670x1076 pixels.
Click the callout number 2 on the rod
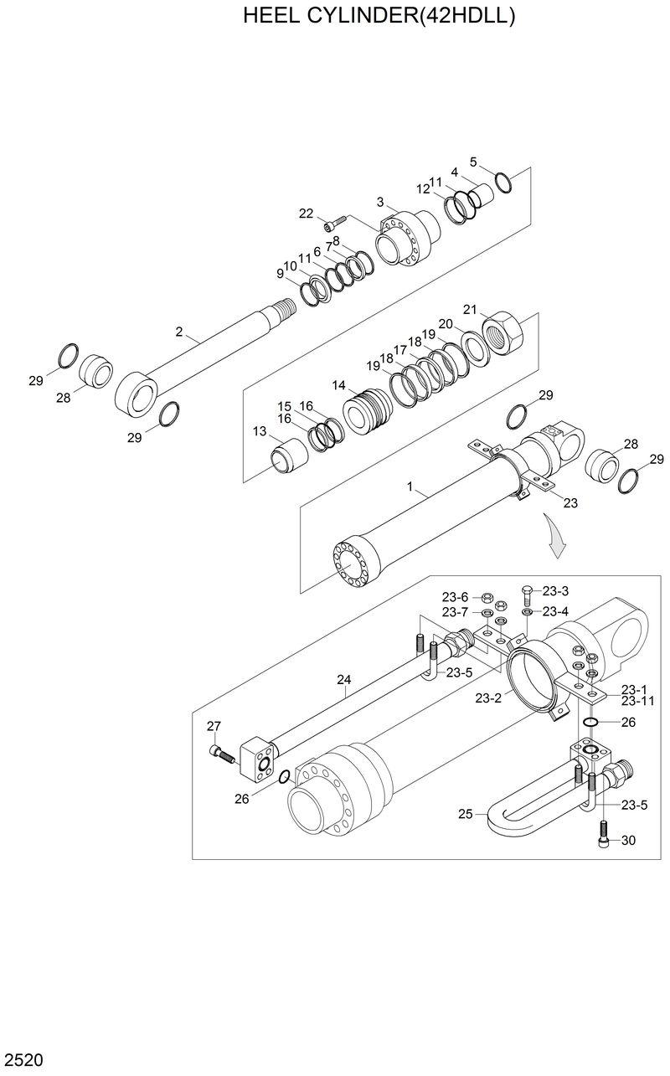pos(178,332)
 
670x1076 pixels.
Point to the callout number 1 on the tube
pos(410,486)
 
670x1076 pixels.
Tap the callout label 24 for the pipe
pos(343,680)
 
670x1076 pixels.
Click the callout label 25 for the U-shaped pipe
pos(466,812)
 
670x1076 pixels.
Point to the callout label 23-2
pos(488,698)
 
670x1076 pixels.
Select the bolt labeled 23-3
pos(528,595)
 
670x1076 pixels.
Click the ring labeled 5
pos(503,181)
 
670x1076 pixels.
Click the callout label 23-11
pos(638,701)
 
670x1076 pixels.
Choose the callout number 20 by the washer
pos(446,323)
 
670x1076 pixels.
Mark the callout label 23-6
pos(455,597)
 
